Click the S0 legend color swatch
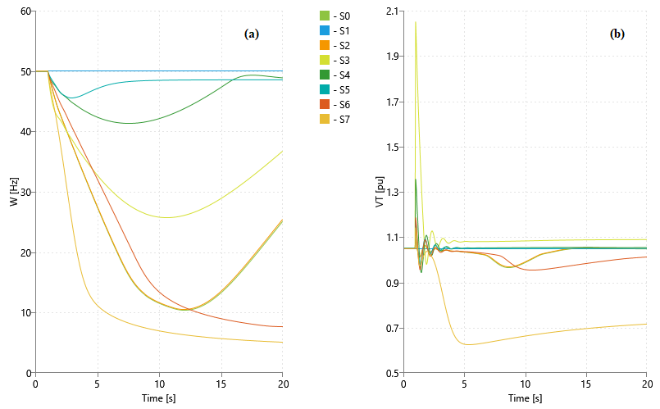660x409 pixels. tap(324, 16)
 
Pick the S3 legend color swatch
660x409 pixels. tap(324, 60)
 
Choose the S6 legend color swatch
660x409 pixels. tap(324, 105)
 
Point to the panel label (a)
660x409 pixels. tap(252, 34)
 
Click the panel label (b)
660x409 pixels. tap(617, 34)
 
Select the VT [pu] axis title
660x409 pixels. tap(379, 192)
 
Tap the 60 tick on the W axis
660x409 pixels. tap(25, 11)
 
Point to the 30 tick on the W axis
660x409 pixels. tap(25, 193)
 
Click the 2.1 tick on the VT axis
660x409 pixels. tap(391, 11)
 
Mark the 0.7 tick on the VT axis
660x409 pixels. tap(391, 329)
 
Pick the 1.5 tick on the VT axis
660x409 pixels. tap(391, 148)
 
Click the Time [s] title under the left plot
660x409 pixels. tap(159, 398)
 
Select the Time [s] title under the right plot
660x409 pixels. tap(525, 398)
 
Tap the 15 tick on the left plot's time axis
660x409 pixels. tap(221, 384)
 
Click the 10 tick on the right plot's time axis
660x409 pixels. tap(526, 384)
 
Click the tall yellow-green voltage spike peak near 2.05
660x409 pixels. tap(416, 22)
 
